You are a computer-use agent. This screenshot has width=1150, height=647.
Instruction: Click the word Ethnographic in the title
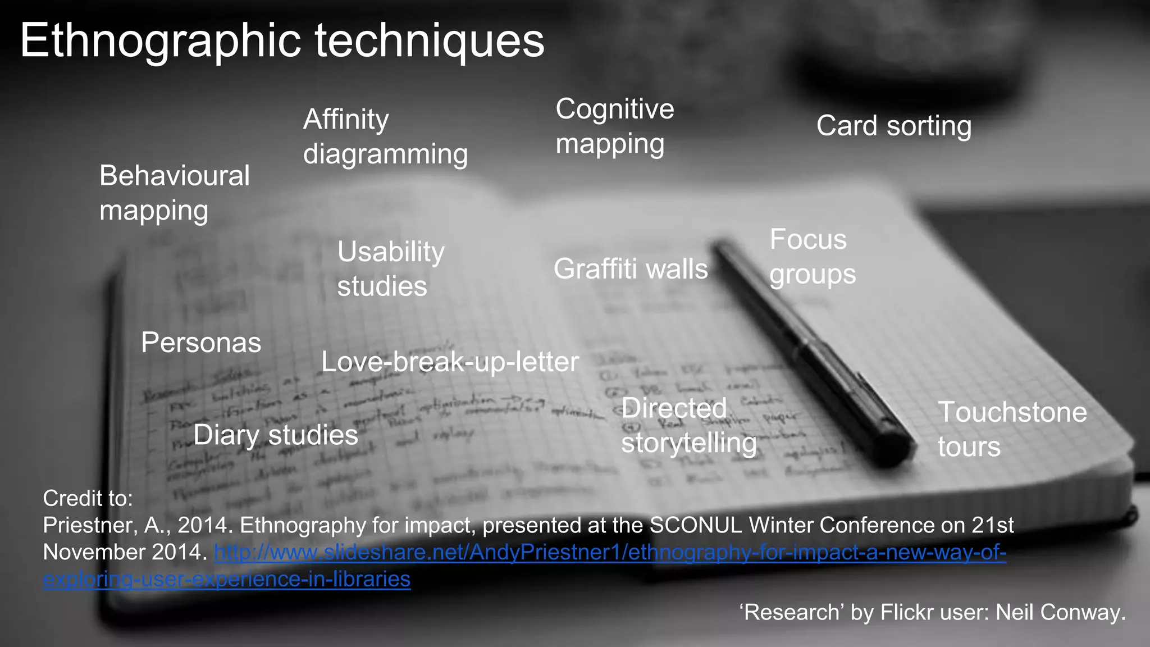pyautogui.click(x=160, y=40)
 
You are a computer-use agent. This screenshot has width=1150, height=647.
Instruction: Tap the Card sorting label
pyautogui.click(x=893, y=126)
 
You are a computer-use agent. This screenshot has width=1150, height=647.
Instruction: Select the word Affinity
pyautogui.click(x=346, y=119)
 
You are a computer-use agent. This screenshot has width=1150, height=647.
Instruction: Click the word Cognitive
pyautogui.click(x=614, y=109)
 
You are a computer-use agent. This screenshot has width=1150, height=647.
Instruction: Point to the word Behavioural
pyautogui.click(x=174, y=176)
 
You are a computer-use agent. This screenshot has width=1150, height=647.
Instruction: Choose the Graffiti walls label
pyautogui.click(x=630, y=269)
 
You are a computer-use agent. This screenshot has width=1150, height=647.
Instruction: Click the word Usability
pyautogui.click(x=391, y=252)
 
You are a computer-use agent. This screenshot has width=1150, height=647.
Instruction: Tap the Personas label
pyautogui.click(x=201, y=343)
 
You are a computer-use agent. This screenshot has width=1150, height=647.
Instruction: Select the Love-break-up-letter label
pyautogui.click(x=449, y=362)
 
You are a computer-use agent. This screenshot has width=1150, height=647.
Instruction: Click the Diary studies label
pyautogui.click(x=275, y=435)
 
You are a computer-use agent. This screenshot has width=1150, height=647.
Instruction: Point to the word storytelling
pyautogui.click(x=688, y=443)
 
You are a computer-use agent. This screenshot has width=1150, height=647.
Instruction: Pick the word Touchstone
pyautogui.click(x=1012, y=412)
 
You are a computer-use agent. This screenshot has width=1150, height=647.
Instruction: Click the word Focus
pyautogui.click(x=807, y=240)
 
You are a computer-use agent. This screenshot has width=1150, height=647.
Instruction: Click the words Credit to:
pyautogui.click(x=88, y=498)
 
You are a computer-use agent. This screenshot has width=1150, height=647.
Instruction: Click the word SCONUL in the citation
pyautogui.click(x=695, y=526)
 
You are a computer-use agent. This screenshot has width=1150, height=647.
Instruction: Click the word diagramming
pyautogui.click(x=385, y=154)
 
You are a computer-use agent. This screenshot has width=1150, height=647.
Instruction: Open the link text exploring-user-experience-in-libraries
pyautogui.click(x=227, y=579)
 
